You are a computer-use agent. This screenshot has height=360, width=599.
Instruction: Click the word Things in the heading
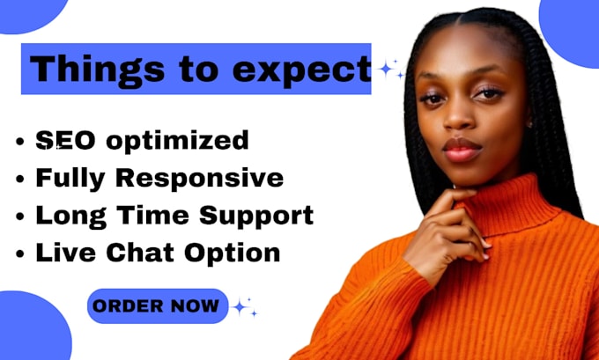(79, 68)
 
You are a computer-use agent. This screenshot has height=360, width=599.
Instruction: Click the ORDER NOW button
(156, 306)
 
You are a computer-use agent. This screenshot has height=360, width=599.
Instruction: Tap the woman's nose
(464, 119)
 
